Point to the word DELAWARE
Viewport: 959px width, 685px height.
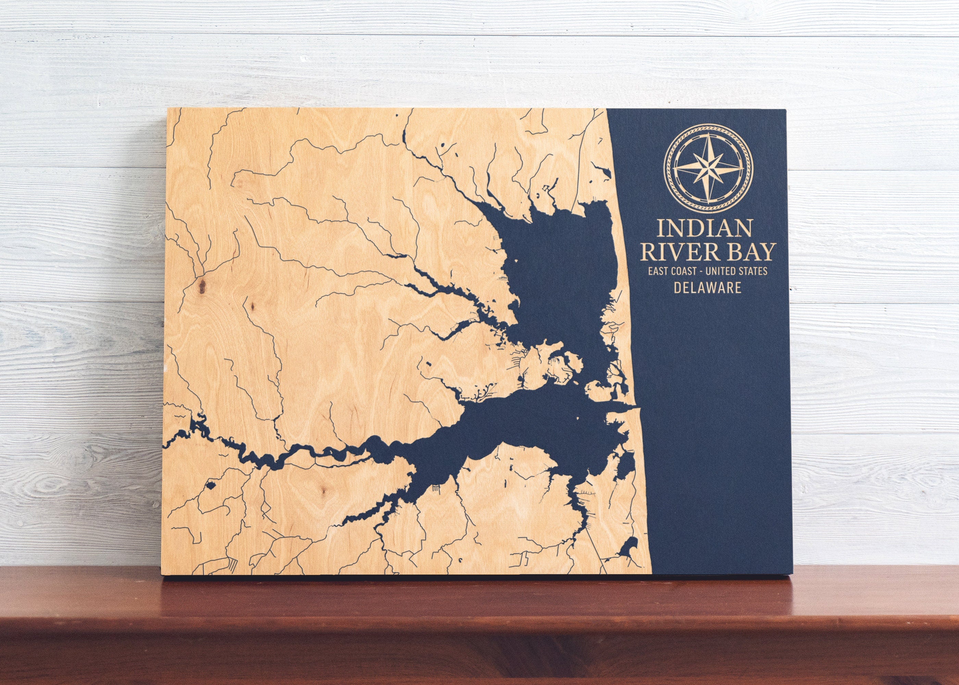point(707,288)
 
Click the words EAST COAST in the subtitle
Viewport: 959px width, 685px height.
point(671,271)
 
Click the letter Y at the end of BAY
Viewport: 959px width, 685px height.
point(767,253)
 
